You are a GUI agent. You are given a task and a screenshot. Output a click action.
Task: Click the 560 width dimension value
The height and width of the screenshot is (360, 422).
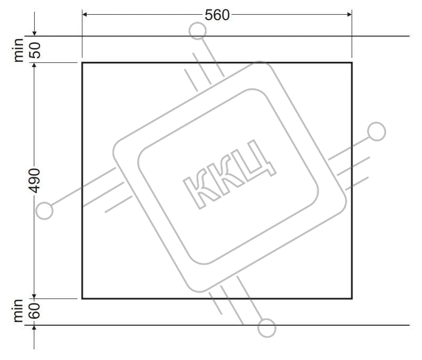(x=217, y=15)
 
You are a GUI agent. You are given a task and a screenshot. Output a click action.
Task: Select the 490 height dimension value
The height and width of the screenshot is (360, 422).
(x=34, y=181)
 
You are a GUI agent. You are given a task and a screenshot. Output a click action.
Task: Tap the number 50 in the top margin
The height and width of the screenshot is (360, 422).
(x=35, y=50)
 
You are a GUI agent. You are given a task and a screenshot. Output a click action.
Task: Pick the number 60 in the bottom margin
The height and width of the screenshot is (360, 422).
(x=35, y=311)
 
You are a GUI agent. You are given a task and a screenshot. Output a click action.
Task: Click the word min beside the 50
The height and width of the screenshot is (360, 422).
(x=19, y=50)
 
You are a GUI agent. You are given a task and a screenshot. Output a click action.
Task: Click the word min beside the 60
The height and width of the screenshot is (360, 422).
(x=18, y=310)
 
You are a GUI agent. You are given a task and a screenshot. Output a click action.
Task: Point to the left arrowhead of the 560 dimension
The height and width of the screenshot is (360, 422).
(x=84, y=14)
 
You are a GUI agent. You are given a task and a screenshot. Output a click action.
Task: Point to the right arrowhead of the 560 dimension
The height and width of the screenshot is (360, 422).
(x=349, y=14)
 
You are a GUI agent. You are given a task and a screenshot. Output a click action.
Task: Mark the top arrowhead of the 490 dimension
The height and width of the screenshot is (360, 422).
(x=34, y=65)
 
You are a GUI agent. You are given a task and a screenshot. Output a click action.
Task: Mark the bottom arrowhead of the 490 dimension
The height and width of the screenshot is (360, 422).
(x=34, y=296)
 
